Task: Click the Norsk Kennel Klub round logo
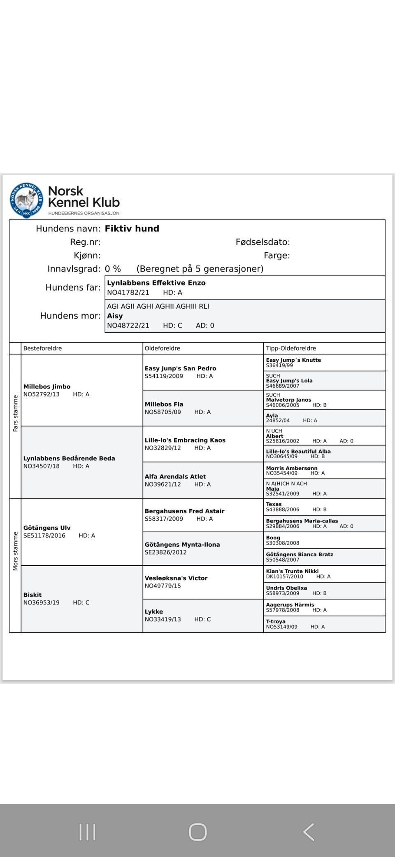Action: [x=27, y=200]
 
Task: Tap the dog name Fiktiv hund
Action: [x=132, y=229]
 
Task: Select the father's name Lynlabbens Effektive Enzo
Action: [x=156, y=283]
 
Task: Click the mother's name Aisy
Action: [x=115, y=316]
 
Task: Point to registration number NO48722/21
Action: [x=128, y=325]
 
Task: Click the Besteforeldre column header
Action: [x=42, y=349]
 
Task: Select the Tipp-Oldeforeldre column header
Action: [x=290, y=349]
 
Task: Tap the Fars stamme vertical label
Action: [x=16, y=413]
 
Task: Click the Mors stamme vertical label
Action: [x=16, y=551]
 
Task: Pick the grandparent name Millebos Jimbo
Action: [x=46, y=387]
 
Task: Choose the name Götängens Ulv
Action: [x=46, y=528]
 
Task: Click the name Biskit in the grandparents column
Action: [x=33, y=595]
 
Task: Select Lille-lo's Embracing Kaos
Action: [x=185, y=440]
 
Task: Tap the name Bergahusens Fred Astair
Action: [x=184, y=511]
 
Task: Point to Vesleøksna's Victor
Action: [x=176, y=578]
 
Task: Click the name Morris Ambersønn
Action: [x=291, y=468]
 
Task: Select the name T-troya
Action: [x=276, y=622]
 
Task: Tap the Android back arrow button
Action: [x=309, y=832]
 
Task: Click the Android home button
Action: [x=197, y=832]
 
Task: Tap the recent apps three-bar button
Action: [x=87, y=832]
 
